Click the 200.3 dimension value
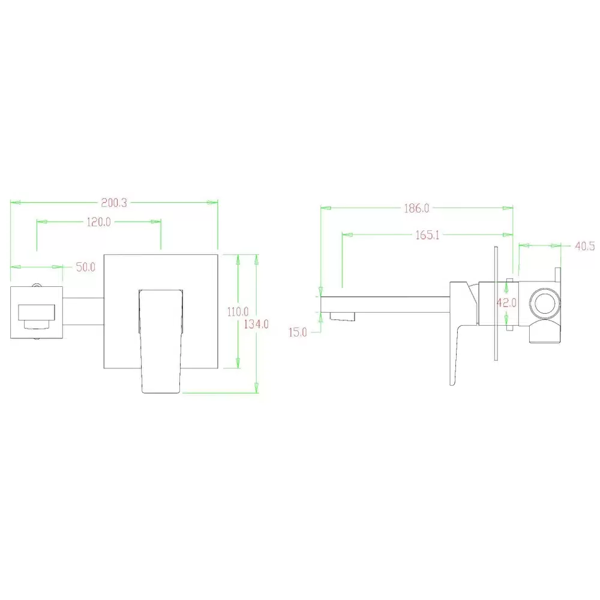click(113, 203)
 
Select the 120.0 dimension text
click(99, 222)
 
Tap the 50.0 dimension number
click(86, 267)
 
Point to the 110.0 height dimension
click(238, 311)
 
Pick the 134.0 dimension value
click(256, 324)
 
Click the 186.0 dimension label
click(417, 209)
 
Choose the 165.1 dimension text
click(427, 235)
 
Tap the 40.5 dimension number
click(584, 246)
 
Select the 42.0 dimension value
click(506, 303)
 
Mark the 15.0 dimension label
click(298, 332)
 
